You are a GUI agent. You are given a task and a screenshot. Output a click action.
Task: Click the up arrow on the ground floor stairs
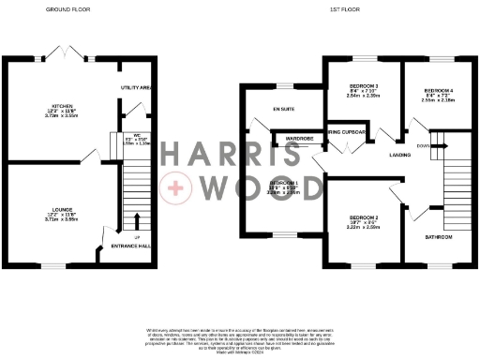click(x=137, y=221)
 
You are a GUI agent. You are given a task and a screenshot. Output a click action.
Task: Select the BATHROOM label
click(x=437, y=237)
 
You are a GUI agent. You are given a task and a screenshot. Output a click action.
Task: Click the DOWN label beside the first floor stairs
click(x=423, y=145)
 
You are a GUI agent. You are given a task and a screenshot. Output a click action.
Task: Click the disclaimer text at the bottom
click(x=240, y=340)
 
